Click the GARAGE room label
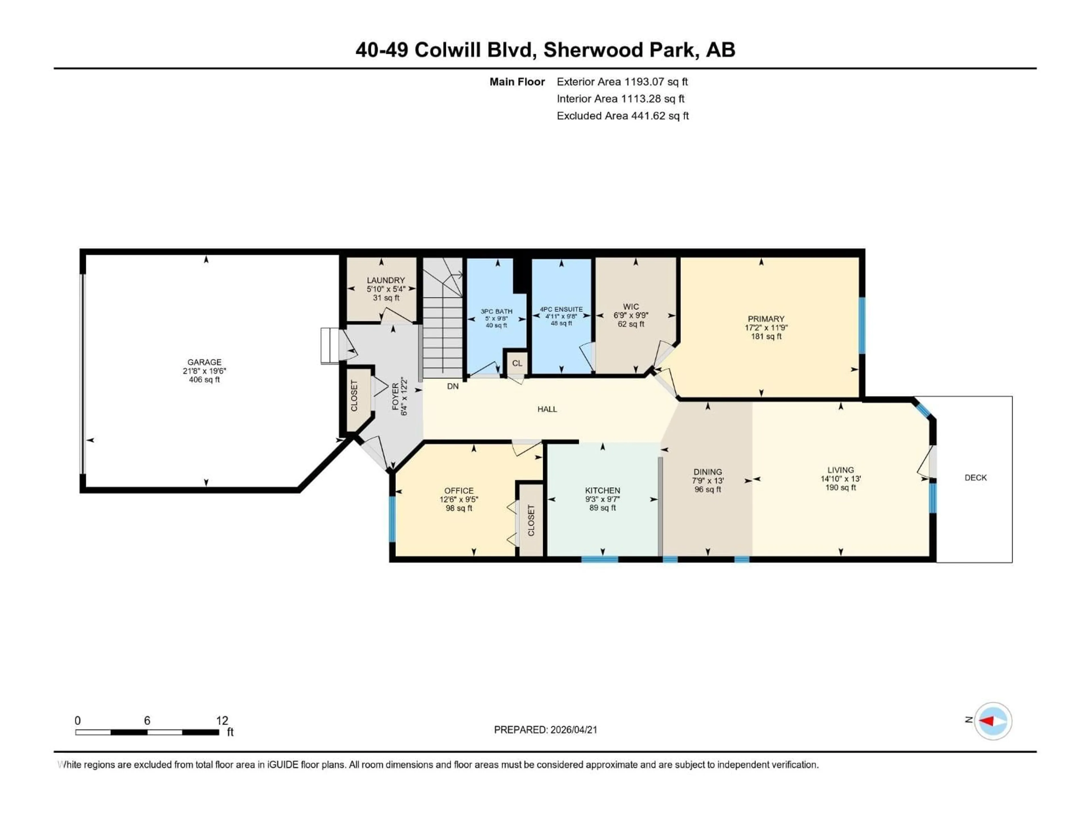point(204,362)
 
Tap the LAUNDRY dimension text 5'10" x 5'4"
point(386,289)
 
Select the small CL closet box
point(517,363)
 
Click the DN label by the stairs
point(453,386)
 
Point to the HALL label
point(547,409)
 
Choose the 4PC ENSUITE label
point(561,309)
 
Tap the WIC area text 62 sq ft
point(631,324)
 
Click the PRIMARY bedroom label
point(765,318)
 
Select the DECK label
point(975,477)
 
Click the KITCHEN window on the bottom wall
point(599,559)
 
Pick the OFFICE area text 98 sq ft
point(459,508)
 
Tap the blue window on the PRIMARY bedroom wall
point(862,325)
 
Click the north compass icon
point(993,721)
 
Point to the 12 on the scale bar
point(222,720)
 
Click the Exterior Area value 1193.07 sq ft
point(656,82)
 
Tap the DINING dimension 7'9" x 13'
point(707,481)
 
